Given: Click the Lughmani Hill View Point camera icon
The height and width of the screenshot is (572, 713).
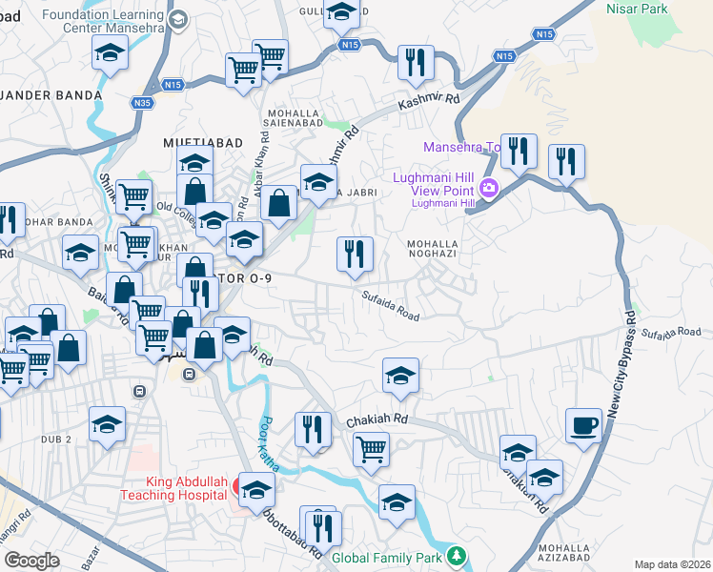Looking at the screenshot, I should click(490, 187).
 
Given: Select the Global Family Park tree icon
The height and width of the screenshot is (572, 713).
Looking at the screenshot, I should click(458, 555).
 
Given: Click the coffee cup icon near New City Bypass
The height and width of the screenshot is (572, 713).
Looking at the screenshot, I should click(583, 426).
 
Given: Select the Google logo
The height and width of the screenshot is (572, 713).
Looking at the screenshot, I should click(31, 561).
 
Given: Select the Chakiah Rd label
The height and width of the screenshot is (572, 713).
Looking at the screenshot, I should click(377, 419).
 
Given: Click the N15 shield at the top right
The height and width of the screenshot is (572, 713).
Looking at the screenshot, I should click(543, 34).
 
